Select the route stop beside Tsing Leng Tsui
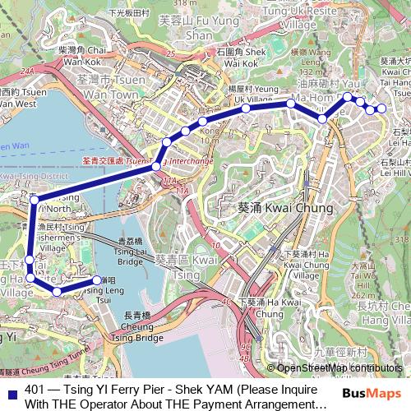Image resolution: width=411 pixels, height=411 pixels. click(x=97, y=281)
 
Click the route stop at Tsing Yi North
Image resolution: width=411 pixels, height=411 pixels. click(x=35, y=200)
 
